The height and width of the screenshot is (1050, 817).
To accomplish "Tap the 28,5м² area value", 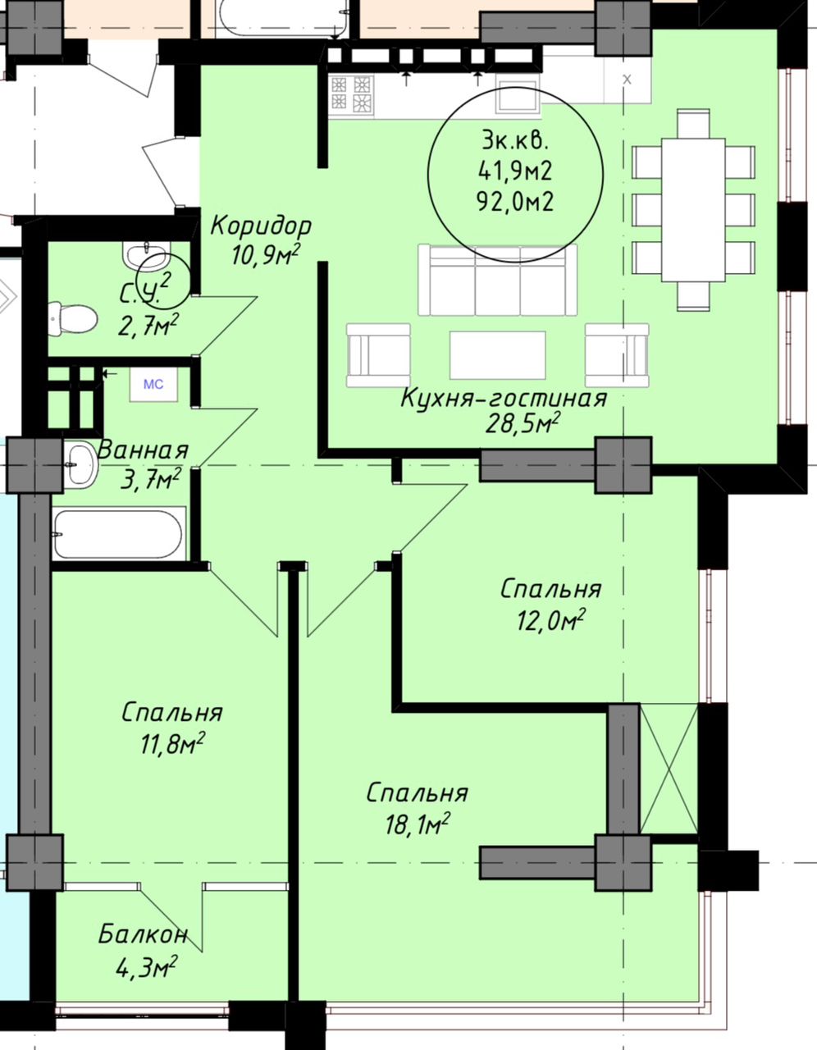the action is pyautogui.click(x=523, y=424).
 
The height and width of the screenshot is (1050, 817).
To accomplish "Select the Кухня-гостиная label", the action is pyautogui.click(x=504, y=399).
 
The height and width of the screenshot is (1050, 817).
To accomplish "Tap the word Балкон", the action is pyautogui.click(x=142, y=935).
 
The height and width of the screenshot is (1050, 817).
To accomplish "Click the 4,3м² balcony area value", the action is pyautogui.click(x=145, y=966).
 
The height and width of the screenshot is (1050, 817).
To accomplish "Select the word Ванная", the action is pyautogui.click(x=143, y=450).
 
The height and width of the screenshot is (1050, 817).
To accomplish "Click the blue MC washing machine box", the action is pyautogui.click(x=153, y=385).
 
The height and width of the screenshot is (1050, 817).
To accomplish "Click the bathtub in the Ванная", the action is pyautogui.click(x=119, y=533).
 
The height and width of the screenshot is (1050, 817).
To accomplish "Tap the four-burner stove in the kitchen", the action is pyautogui.click(x=351, y=94).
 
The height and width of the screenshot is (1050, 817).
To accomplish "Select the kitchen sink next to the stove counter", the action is pyautogui.click(x=518, y=99).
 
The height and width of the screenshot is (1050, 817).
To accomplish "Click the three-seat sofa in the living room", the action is pyautogui.click(x=498, y=281).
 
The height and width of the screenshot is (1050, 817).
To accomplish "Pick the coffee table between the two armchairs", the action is pyautogui.click(x=498, y=355).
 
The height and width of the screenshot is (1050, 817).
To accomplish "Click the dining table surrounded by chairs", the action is pyautogui.click(x=693, y=210).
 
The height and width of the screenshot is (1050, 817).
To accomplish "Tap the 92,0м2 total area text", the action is pyautogui.click(x=515, y=202).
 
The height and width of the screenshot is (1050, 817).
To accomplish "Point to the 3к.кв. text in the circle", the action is pyautogui.click(x=515, y=142).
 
